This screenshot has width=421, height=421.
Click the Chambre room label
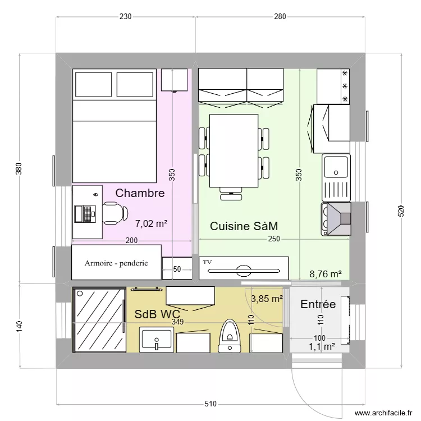[140, 193]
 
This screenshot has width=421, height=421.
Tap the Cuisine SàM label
[244, 226]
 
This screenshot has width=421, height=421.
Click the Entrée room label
[318, 304]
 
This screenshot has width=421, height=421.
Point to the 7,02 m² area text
[152, 223]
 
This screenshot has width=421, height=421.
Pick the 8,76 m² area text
[326, 274]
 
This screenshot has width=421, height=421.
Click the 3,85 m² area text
[266, 299]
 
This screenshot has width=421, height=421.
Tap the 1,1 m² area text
[322, 347]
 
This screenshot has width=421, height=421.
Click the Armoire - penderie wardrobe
[117, 263]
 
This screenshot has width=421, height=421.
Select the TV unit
[244, 268]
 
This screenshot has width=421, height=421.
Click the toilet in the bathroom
[229, 335]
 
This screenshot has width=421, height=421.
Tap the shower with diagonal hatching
[99, 320]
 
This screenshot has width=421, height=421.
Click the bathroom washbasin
[157, 340]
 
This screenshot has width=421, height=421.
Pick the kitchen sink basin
[336, 167]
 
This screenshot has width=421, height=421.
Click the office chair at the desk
[111, 213]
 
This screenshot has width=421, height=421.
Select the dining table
[234, 150]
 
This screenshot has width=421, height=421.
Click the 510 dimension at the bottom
[210, 404]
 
